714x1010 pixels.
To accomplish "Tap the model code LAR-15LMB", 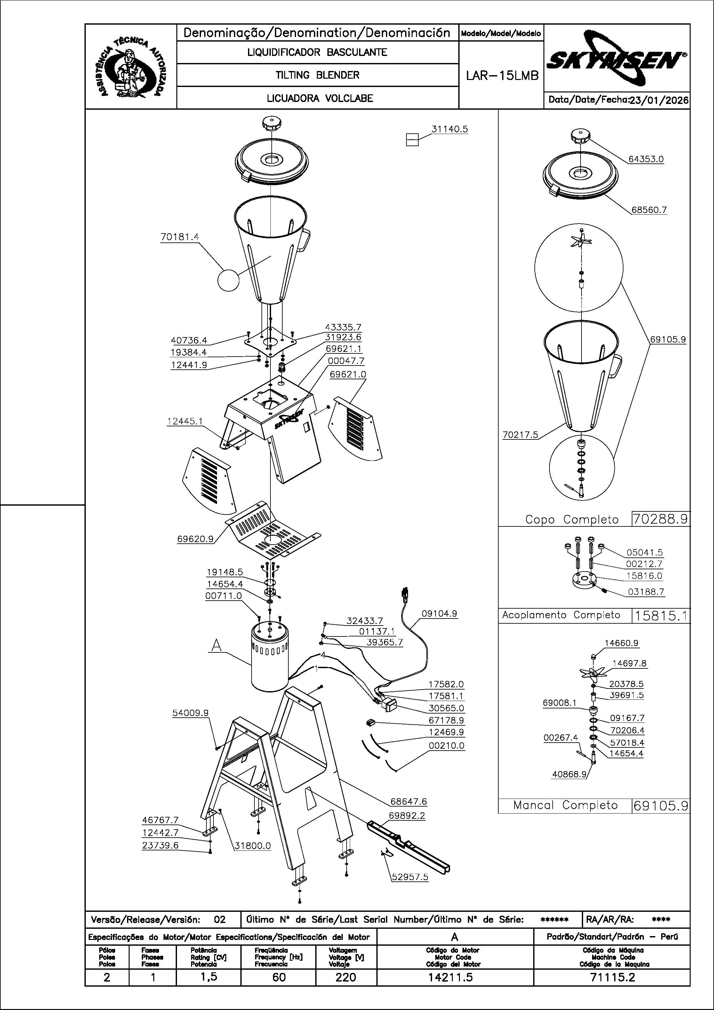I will (x=502, y=76).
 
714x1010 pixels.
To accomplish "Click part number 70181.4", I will (x=180, y=237).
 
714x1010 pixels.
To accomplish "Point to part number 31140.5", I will (x=449, y=129).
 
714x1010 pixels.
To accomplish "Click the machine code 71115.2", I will (x=612, y=977).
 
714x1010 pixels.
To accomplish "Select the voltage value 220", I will (x=346, y=977).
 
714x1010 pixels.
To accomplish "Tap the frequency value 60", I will (x=279, y=977).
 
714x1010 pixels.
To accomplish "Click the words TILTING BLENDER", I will (x=317, y=75).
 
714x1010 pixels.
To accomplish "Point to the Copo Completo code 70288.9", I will (x=660, y=519).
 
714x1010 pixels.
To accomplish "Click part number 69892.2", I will (x=407, y=816).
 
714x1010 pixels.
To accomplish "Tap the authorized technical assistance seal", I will (x=131, y=67).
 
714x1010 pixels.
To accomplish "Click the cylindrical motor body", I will (x=269, y=660).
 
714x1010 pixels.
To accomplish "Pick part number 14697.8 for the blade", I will (x=629, y=663).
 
